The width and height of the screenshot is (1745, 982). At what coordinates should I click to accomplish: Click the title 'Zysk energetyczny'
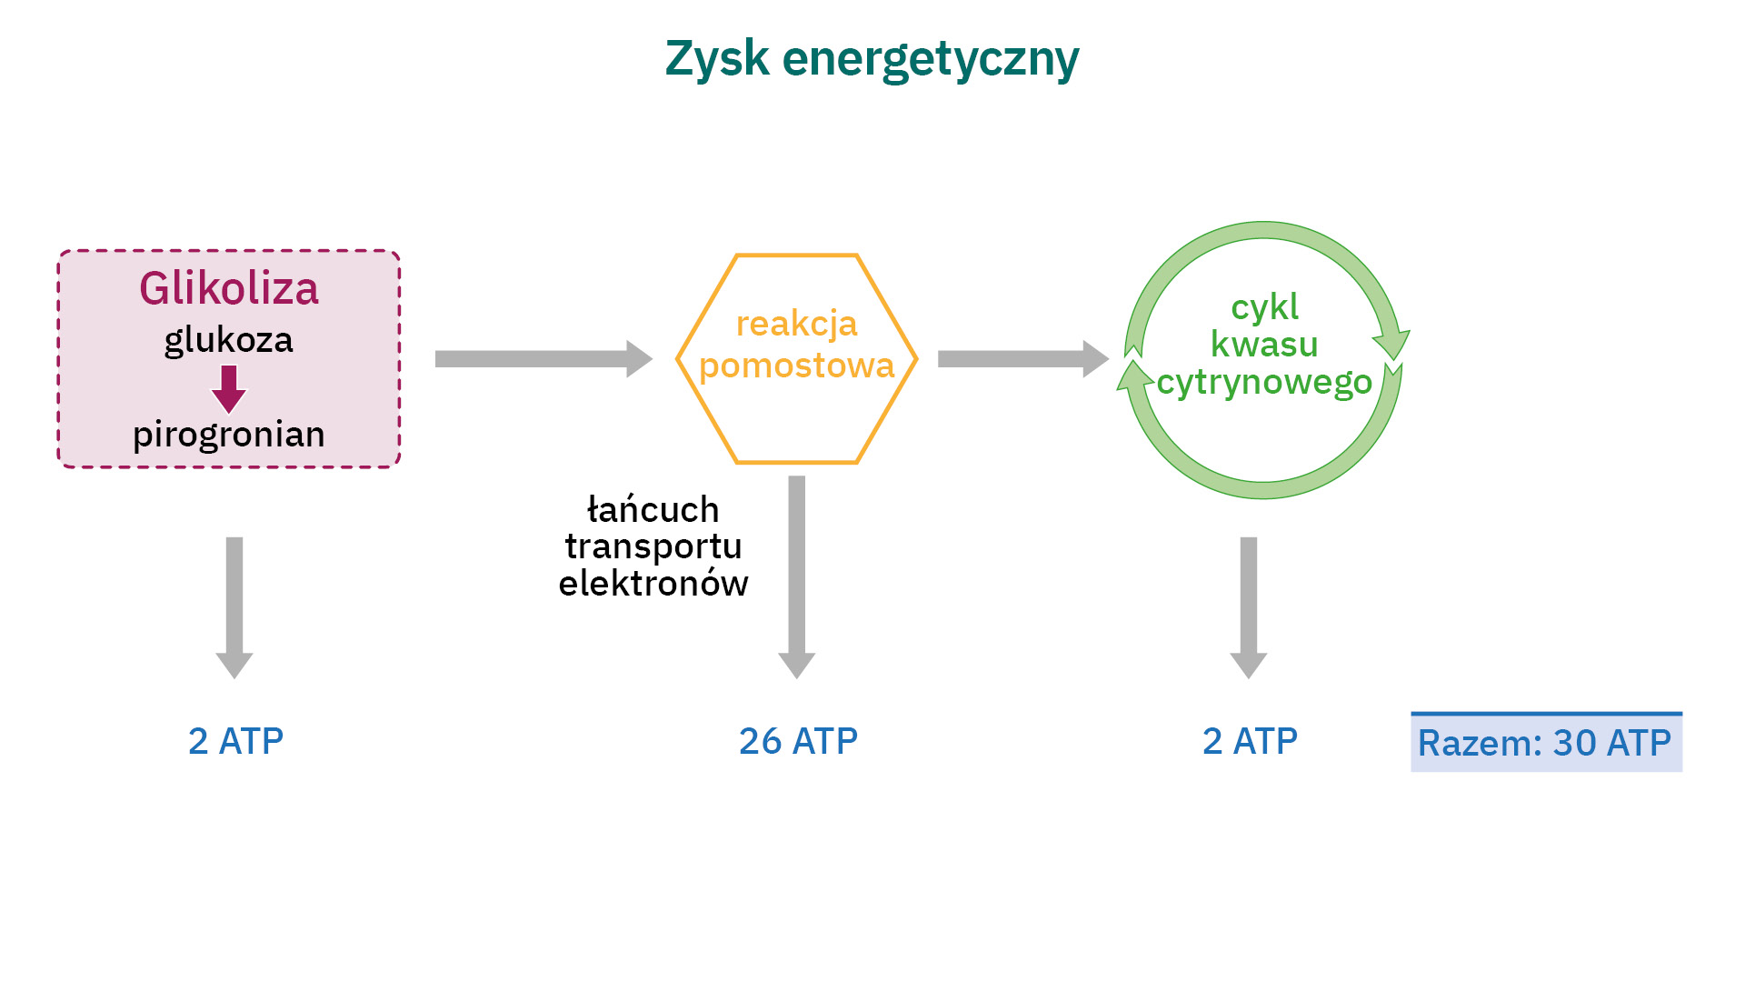pos(872,59)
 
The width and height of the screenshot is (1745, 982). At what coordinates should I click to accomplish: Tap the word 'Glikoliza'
pos(229,289)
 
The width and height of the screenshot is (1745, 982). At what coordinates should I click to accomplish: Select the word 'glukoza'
pos(229,341)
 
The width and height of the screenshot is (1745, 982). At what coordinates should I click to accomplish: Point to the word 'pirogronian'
pos(229,435)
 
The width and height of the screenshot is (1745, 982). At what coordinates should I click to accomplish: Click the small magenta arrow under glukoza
pos(229,388)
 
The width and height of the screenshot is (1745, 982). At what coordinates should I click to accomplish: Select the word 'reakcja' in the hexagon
pos(796,324)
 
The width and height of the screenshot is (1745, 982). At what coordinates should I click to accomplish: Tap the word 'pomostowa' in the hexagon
pos(796,366)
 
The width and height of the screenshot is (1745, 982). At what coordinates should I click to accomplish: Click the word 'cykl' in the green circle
pos(1264,307)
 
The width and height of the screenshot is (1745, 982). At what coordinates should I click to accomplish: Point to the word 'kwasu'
pos(1264,345)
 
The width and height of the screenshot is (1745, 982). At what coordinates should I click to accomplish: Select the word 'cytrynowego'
pos(1264,383)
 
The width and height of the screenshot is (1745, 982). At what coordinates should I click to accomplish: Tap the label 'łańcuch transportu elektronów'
pos(653,546)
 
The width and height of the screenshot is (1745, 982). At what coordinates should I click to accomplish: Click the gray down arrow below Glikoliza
pos(234,606)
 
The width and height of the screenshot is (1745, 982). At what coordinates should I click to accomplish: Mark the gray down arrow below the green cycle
pos(1249,606)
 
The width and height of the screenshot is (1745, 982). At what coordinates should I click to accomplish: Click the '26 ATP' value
pos(798,742)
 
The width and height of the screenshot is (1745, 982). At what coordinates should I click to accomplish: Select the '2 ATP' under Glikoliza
pos(236,742)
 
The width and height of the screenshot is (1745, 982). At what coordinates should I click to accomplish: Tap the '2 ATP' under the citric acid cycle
pos(1250,742)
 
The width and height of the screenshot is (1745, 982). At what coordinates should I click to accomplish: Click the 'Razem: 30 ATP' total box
pos(1545,744)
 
